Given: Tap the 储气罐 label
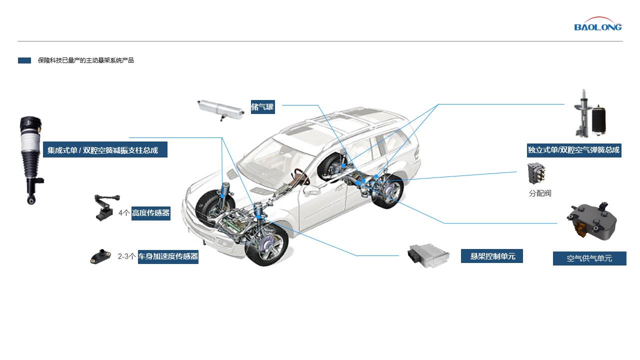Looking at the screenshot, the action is click(262, 107).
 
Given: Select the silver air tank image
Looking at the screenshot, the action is click(221, 110).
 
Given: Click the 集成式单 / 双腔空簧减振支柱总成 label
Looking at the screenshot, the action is click(105, 149).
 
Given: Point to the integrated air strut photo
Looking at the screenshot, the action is click(31, 160).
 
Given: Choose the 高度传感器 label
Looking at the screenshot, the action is click(151, 213).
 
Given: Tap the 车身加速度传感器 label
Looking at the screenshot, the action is click(168, 256).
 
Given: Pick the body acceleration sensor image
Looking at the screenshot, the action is click(100, 257).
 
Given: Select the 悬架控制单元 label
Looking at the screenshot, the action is click(491, 256).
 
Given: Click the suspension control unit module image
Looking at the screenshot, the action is click(428, 255).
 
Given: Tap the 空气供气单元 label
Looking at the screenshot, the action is click(589, 258).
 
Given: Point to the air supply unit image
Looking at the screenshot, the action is click(591, 220).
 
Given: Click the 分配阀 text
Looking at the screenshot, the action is click(540, 193).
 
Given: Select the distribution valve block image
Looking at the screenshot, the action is click(536, 173).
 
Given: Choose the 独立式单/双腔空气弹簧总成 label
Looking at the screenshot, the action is click(574, 150).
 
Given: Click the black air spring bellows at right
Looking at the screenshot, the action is click(598, 120).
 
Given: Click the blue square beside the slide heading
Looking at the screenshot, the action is click(24, 60).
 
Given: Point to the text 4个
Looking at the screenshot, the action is click(124, 213).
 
